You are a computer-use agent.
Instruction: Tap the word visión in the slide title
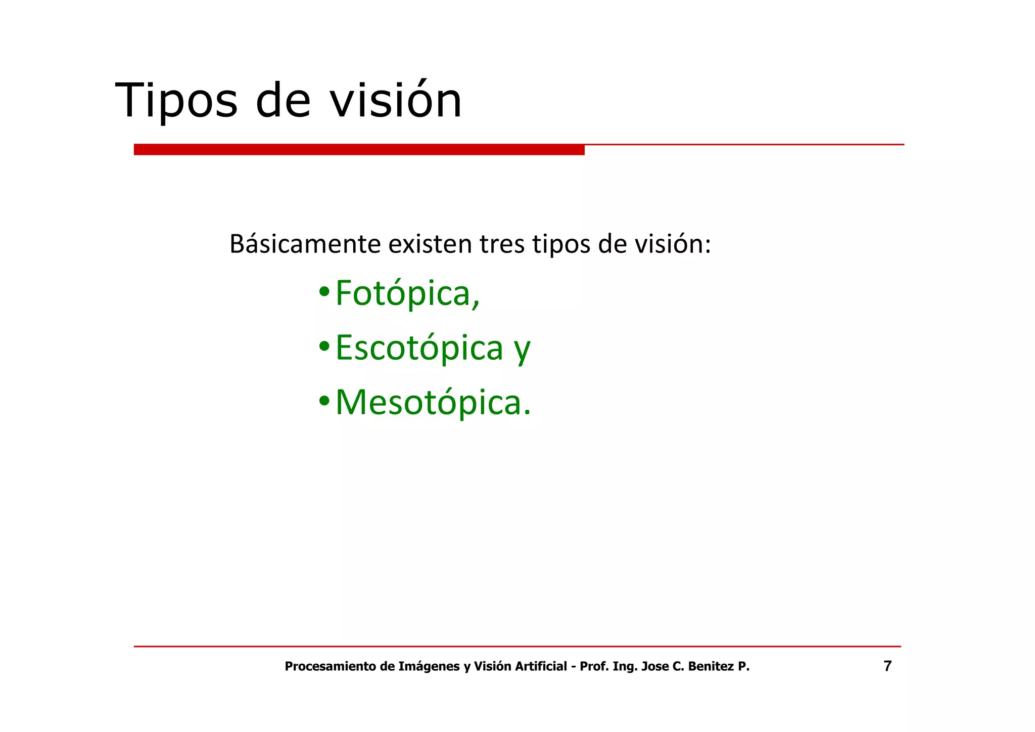click(x=396, y=101)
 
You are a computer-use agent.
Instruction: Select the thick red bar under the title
click(x=359, y=150)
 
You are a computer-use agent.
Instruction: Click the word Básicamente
click(x=305, y=244)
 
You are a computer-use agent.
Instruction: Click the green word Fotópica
click(x=407, y=293)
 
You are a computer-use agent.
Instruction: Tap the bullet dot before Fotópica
click(x=324, y=292)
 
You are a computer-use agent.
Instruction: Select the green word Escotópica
click(x=419, y=348)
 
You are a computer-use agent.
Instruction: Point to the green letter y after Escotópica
click(x=522, y=350)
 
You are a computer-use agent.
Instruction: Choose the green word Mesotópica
click(x=433, y=403)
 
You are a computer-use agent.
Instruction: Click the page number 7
click(x=887, y=666)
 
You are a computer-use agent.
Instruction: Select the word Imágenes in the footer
click(x=429, y=667)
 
